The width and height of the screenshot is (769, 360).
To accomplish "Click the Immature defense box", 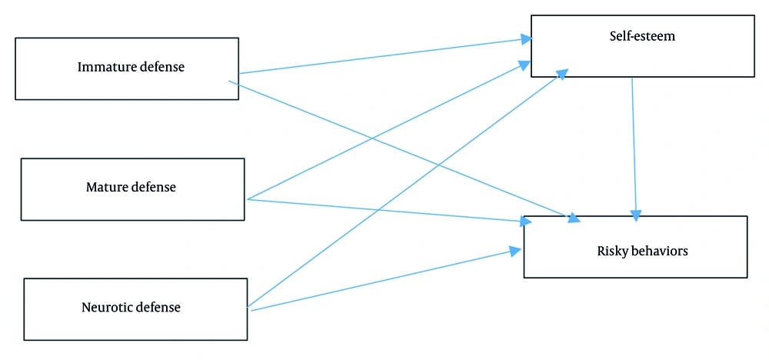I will (x=127, y=68).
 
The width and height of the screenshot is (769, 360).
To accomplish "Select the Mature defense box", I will (x=132, y=189).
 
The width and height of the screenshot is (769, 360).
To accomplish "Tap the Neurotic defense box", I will (x=135, y=309).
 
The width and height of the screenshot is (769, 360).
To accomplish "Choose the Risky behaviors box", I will (x=635, y=246).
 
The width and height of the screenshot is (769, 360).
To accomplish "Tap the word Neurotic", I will (x=107, y=308).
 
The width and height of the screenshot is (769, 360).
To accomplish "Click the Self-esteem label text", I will (x=641, y=36).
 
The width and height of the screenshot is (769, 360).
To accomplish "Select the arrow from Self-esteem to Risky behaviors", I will (x=634, y=146).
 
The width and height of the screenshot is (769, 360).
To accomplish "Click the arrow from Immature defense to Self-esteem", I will (x=384, y=55).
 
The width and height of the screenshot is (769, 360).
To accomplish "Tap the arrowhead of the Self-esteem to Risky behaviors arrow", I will (x=636, y=215).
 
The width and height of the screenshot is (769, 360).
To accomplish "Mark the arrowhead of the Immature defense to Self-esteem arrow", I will (x=526, y=38).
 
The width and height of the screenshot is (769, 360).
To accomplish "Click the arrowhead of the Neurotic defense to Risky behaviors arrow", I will (x=516, y=250).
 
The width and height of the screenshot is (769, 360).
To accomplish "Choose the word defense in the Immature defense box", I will (x=162, y=67).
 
